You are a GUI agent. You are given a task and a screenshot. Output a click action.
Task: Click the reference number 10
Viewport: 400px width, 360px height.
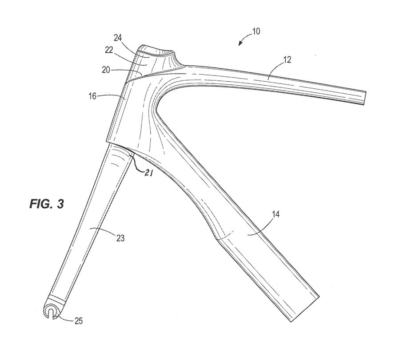coord(256,32)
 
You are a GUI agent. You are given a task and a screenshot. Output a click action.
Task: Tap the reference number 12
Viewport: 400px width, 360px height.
coord(287,60)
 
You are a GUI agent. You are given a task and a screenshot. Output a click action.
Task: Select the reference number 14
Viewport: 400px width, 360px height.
coord(275,214)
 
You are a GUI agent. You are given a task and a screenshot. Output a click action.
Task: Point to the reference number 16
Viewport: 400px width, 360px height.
coord(93,96)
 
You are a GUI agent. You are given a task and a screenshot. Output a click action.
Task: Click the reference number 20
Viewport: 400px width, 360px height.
coord(106,70)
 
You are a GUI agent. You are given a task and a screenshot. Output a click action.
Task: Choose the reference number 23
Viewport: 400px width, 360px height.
coord(120,238)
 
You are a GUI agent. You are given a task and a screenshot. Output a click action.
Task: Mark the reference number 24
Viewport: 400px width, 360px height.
coord(118,38)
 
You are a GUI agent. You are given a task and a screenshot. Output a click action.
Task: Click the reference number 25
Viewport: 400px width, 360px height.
coord(79,321)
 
